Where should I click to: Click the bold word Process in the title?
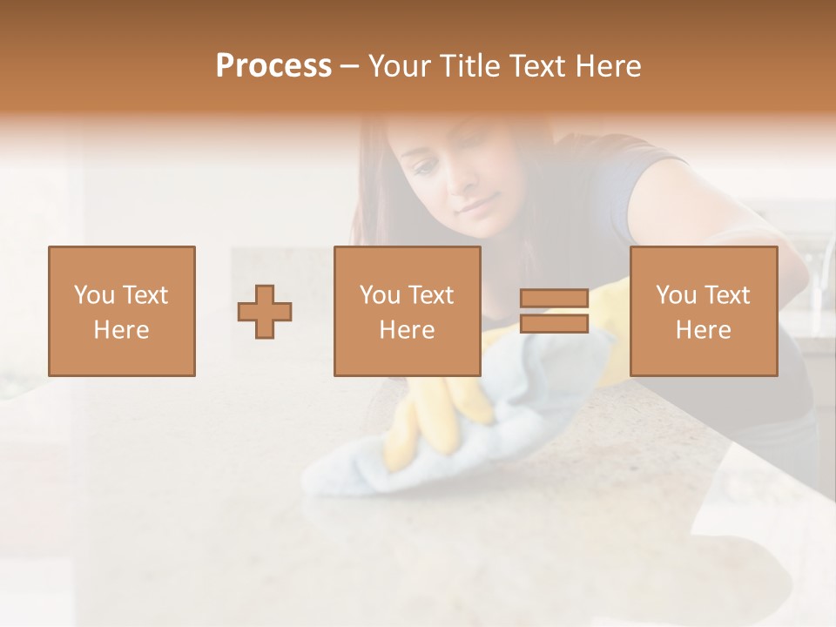[x=273, y=66]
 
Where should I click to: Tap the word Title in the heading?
[x=469, y=66]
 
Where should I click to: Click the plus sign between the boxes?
[x=265, y=311]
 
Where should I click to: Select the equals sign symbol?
[x=554, y=311]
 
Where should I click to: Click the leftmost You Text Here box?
[x=122, y=311]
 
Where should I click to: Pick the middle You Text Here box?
[x=408, y=311]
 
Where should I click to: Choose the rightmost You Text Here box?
[x=704, y=311]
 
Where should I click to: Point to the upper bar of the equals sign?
[x=554, y=299]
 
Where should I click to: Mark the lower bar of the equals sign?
[x=554, y=323]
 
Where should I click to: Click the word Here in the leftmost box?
[x=122, y=329]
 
